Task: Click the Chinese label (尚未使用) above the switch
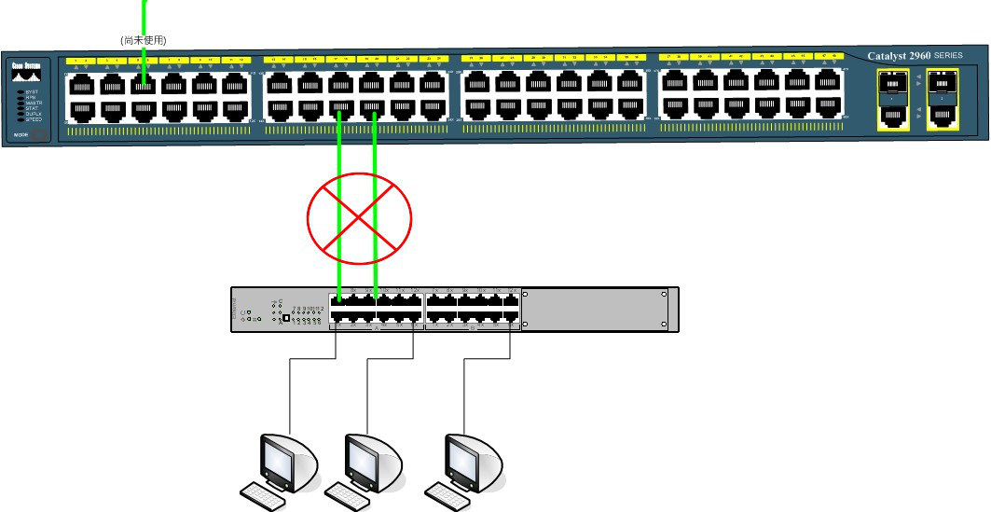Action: pyautogui.click(x=143, y=40)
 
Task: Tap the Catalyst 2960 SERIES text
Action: pyautogui.click(x=915, y=56)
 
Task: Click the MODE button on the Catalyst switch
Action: pyautogui.click(x=21, y=136)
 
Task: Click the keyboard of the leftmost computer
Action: pyautogui.click(x=262, y=495)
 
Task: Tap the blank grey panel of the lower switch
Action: pyautogui.click(x=597, y=310)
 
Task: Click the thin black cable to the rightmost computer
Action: pyautogui.click(x=465, y=392)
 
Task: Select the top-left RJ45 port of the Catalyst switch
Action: pyautogui.click(x=80, y=84)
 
